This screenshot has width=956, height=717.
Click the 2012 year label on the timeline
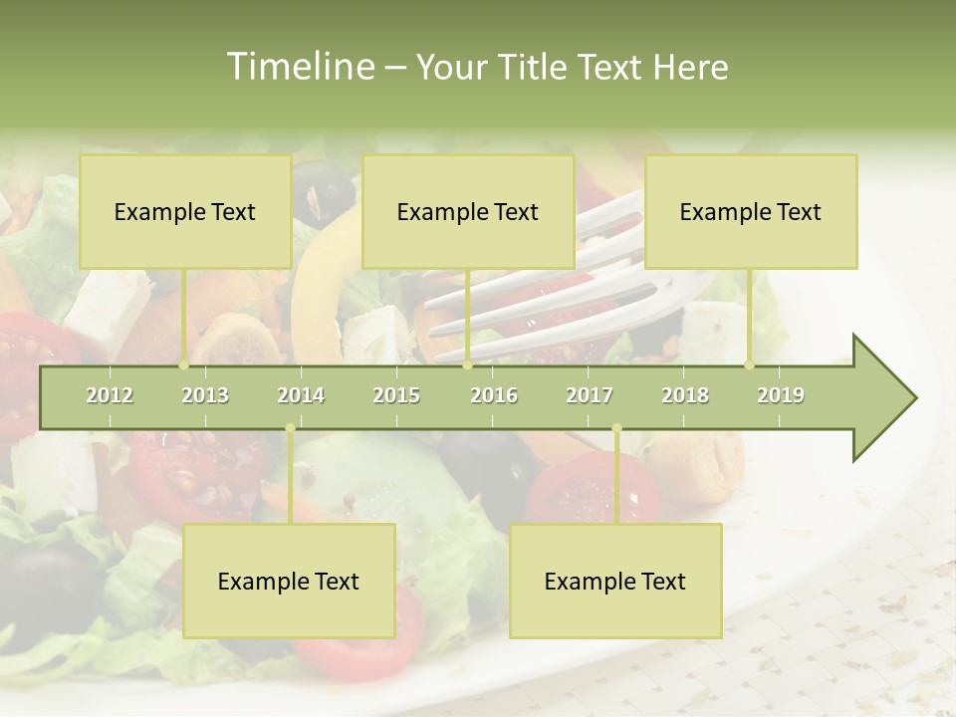(110, 395)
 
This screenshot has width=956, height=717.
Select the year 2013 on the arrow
(205, 395)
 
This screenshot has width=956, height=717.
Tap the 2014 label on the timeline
(301, 395)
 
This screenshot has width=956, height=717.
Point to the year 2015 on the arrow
(396, 395)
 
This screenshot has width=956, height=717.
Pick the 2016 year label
(494, 395)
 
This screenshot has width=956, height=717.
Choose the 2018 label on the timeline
(685, 395)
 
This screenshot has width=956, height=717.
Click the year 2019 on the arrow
(781, 395)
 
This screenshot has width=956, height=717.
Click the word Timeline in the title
(298, 67)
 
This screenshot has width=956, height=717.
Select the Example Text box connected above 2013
(185, 211)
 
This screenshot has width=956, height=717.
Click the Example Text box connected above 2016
(468, 211)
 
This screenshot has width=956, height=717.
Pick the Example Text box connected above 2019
(751, 211)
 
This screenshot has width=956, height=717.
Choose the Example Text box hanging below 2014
(289, 581)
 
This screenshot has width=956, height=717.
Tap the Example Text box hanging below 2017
(615, 581)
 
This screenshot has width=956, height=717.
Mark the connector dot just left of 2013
(184, 365)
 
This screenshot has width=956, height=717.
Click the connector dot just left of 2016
(467, 365)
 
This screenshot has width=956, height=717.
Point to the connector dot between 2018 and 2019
(750, 365)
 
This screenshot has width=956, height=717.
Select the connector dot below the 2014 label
(290, 428)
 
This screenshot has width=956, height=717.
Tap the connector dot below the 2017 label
(616, 428)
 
